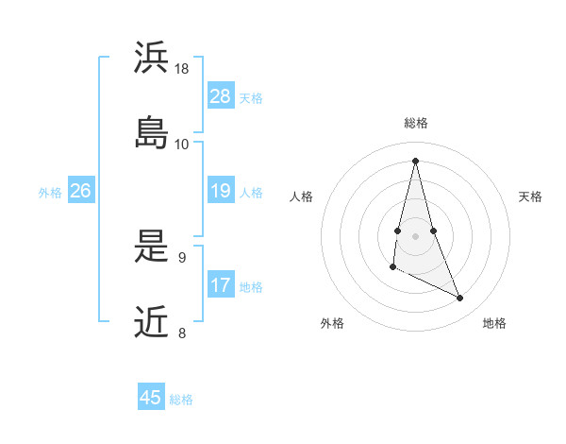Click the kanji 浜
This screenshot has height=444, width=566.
point(152,58)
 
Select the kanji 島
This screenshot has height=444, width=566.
point(152,131)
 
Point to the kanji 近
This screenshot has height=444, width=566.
point(152,322)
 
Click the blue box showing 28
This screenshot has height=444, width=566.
point(221,96)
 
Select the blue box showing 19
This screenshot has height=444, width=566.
point(221,191)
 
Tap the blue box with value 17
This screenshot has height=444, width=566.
point(221,285)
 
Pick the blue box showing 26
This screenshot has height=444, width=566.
point(80,191)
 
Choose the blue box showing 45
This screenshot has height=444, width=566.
point(151,398)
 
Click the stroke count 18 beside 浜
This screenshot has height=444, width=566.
point(182,69)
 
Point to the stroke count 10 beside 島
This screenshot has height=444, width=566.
point(182,144)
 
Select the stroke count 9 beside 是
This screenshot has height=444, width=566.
point(181,257)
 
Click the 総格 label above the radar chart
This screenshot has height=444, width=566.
point(416,123)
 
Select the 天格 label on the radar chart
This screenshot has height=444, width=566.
point(531,196)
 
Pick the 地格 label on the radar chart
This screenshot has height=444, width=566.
point(494,323)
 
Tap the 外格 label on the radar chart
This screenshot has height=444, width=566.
point(332,323)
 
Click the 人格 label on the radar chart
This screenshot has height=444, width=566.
point(302,196)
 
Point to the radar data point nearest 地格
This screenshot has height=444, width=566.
point(460,299)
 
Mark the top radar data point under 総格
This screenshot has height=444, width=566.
point(415,160)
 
